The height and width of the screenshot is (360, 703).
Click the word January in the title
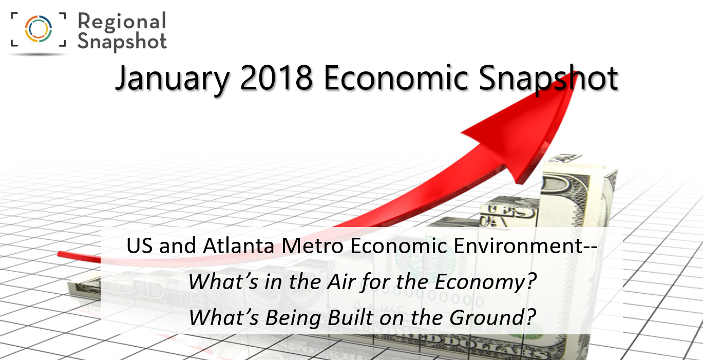point(173,79)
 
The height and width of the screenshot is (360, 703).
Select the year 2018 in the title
point(276,78)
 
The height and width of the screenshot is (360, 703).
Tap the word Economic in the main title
point(396,78)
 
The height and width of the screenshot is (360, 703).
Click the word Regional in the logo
point(122,22)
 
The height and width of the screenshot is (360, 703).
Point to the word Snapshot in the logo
point(122,42)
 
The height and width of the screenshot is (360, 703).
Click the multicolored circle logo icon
point(39,29)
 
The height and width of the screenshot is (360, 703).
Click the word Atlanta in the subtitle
point(238,245)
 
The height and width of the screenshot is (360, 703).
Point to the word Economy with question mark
point(485,282)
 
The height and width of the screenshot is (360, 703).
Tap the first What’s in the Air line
point(362,282)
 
